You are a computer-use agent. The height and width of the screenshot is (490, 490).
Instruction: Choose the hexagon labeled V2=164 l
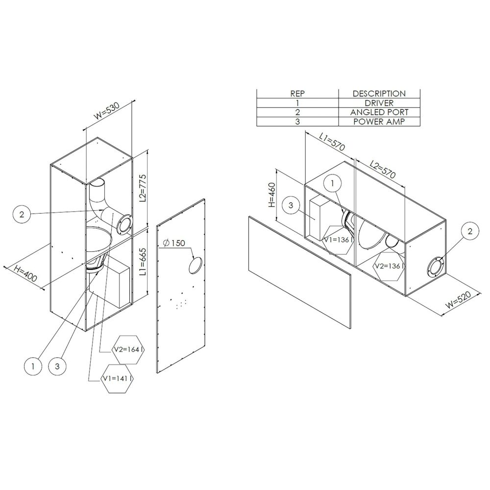(x=130, y=349)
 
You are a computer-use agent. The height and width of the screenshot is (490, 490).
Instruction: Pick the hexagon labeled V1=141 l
(x=117, y=379)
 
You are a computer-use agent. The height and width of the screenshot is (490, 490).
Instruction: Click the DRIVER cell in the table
(x=379, y=103)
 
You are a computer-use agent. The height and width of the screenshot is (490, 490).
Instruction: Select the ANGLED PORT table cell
(x=379, y=112)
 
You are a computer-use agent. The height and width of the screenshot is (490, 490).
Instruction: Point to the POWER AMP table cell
(x=379, y=122)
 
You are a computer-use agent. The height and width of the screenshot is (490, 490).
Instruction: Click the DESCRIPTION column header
(x=379, y=94)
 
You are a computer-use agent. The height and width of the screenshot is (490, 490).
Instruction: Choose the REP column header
(x=297, y=94)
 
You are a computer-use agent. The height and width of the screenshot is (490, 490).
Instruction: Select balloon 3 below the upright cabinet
(x=58, y=366)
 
